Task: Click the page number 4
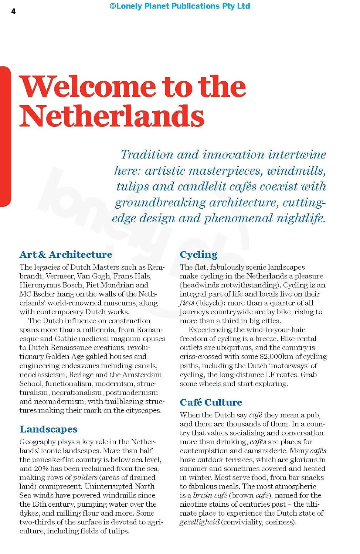pos(13,11)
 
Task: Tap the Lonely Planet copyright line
pos(180,6)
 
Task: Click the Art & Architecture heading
pos(66,254)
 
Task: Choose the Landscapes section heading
pos(48,429)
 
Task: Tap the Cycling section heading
pos(198,254)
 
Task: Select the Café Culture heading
pos(211,402)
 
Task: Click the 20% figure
pos(41,469)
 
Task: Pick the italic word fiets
pos(187,303)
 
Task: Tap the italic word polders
pos(85,478)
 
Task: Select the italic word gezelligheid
pos(200,522)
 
